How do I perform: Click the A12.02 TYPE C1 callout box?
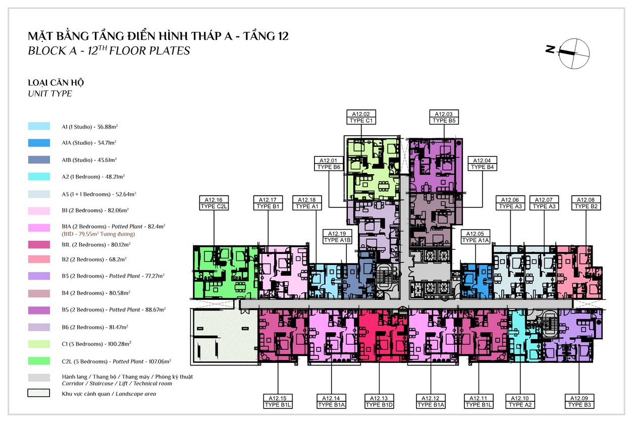[x=361, y=117]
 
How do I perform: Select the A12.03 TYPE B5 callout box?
[x=444, y=117]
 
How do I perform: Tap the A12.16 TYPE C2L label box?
[x=214, y=203]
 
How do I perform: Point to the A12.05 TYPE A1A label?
[x=475, y=237]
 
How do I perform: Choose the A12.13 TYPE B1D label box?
[x=379, y=401]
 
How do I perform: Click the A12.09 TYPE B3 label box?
[x=579, y=401]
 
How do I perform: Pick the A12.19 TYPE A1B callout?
[x=337, y=237]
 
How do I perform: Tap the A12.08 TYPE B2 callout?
[x=586, y=203]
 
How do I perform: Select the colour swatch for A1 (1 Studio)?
[x=39, y=126]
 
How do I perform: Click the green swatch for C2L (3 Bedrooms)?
[x=39, y=361]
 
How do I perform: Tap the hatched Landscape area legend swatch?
[x=39, y=393]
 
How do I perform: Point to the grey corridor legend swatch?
[x=39, y=378]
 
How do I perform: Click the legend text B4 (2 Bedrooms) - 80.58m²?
[x=96, y=293]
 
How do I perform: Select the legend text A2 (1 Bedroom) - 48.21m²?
[x=93, y=177]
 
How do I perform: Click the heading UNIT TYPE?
[x=50, y=93]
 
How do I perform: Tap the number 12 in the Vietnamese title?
[x=280, y=36]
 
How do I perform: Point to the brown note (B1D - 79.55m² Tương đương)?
[x=98, y=234]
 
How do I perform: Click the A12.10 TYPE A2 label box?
[x=520, y=401]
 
